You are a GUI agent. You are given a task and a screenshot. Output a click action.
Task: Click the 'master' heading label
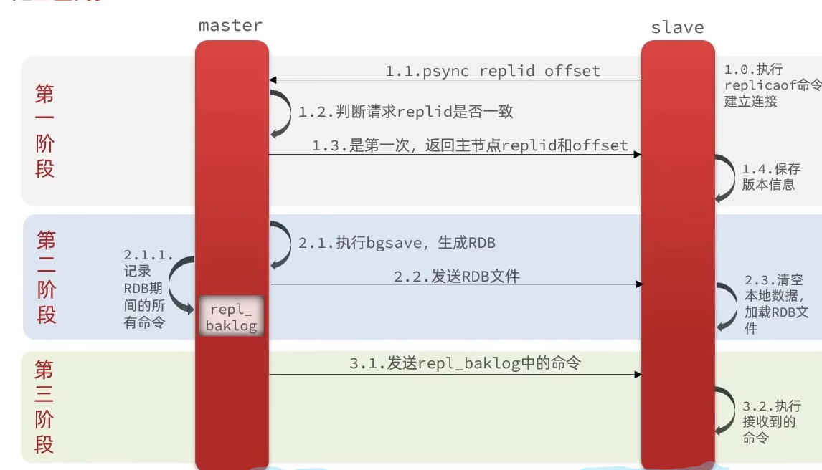tap(230, 26)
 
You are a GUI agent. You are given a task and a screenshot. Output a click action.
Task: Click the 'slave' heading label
tap(677, 28)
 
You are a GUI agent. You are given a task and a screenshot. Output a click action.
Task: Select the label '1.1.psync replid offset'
tap(493, 71)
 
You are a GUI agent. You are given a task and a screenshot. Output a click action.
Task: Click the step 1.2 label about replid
tap(406, 112)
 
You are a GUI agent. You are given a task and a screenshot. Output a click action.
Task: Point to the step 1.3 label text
tap(470, 145)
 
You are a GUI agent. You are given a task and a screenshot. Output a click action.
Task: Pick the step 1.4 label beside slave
tap(770, 177)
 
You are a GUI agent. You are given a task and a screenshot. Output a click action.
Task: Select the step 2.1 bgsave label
tap(397, 243)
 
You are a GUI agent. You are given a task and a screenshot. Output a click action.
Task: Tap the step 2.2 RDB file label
tap(456, 276)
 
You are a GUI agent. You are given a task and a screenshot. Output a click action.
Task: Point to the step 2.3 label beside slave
tap(776, 304)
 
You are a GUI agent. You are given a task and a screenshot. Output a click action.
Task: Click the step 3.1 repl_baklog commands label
tap(465, 363)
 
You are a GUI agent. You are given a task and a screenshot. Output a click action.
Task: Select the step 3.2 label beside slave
tap(771, 422)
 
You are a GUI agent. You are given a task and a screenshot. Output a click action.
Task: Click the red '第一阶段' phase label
tap(44, 132)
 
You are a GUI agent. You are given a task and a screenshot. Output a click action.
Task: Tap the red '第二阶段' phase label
tap(46, 277)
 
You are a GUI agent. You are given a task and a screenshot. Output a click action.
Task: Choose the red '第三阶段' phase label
tap(44, 407)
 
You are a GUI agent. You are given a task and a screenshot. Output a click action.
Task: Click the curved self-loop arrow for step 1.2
tap(280, 113)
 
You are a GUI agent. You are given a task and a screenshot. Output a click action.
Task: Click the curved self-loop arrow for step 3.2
tap(724, 411)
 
